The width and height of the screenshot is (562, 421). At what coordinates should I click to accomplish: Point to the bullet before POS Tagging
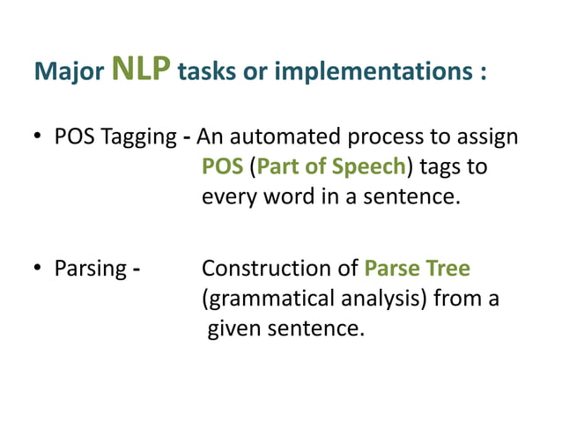click(40, 138)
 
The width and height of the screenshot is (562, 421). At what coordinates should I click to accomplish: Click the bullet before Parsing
click(40, 269)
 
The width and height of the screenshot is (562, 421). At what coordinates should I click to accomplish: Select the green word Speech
click(371, 167)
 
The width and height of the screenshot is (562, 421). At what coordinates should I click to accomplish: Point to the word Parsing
click(91, 269)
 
